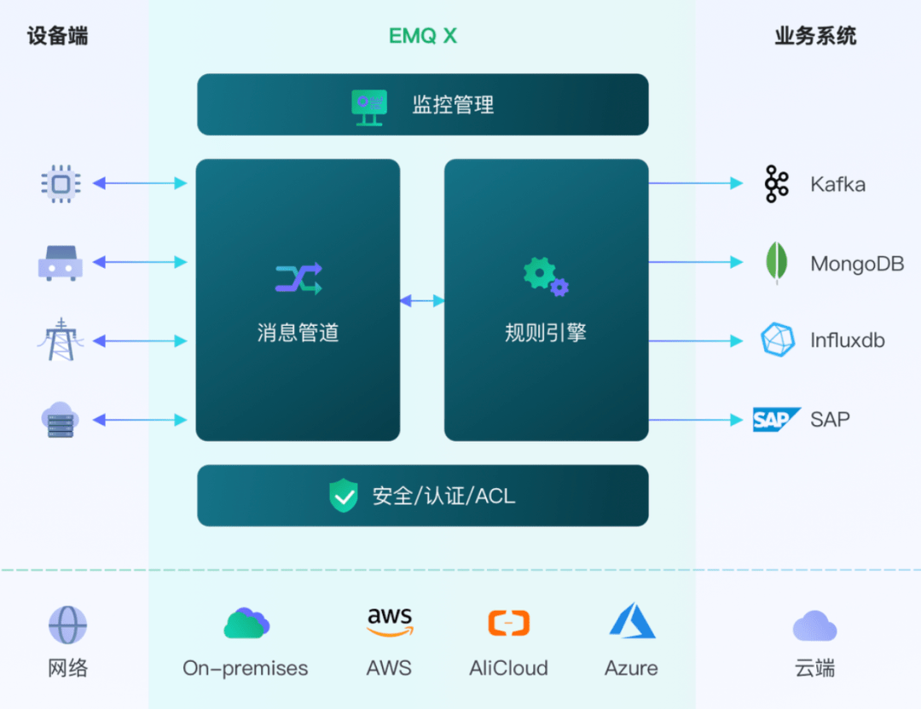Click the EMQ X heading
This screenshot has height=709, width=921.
(423, 36)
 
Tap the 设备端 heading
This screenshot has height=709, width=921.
(57, 36)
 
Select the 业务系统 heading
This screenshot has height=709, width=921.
(815, 36)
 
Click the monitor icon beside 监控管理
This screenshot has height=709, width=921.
(369, 107)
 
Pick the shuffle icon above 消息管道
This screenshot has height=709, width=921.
(298, 278)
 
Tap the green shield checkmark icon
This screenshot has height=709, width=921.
(344, 496)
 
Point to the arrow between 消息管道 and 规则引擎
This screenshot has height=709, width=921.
(422, 300)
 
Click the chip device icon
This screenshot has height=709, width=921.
(61, 183)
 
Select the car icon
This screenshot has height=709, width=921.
(61, 263)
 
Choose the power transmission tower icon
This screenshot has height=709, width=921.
(61, 340)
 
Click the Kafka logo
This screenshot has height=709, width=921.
(776, 184)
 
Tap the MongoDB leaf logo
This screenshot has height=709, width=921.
(776, 263)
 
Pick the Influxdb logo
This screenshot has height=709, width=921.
(777, 340)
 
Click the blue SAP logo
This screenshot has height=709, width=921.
(776, 420)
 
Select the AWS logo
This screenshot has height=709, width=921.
(390, 623)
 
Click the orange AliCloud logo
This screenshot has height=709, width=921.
(508, 623)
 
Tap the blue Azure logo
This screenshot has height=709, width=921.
(632, 621)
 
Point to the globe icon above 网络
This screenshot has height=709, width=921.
(67, 625)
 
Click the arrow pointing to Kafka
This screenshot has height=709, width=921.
(695, 183)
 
